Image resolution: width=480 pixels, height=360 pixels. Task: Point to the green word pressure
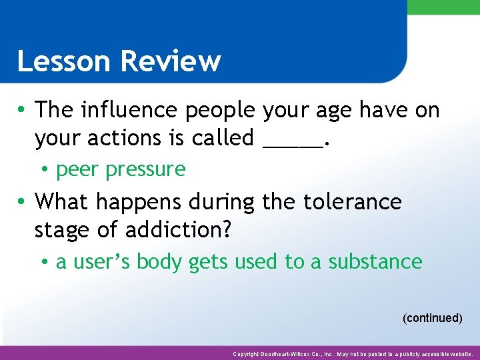click(x=145, y=169)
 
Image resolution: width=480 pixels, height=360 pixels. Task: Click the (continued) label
click(x=432, y=318)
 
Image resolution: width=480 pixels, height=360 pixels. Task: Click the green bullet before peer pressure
click(x=43, y=170)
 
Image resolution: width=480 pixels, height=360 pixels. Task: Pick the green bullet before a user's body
click(x=43, y=262)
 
